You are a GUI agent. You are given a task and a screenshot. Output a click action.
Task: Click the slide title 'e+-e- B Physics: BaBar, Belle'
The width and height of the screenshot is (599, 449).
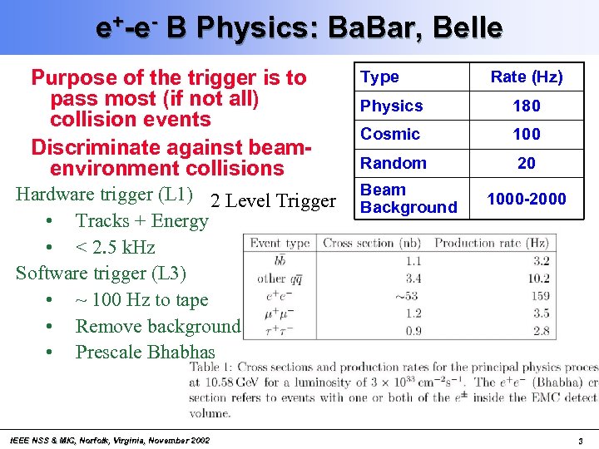(299, 27)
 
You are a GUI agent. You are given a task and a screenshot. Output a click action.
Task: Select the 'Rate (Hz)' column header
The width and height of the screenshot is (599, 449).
(526, 77)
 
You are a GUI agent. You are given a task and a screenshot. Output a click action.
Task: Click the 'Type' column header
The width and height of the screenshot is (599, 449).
(379, 77)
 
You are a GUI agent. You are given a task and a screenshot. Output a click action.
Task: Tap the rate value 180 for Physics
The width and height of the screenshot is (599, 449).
(526, 106)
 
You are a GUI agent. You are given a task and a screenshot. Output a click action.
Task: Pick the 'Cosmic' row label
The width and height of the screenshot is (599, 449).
(389, 134)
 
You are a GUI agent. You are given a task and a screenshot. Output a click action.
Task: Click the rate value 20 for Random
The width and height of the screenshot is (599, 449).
(526, 163)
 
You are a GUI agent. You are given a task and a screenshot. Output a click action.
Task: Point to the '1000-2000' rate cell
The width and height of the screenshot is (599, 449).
(526, 199)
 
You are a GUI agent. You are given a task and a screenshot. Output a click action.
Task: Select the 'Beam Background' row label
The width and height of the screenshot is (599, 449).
(408, 199)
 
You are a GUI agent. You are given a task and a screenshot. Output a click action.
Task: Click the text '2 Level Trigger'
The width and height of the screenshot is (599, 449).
(274, 200)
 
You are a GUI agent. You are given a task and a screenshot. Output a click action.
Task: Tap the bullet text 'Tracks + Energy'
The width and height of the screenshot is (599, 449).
(141, 220)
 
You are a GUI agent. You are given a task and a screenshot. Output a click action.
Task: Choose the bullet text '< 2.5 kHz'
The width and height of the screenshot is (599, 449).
(115, 247)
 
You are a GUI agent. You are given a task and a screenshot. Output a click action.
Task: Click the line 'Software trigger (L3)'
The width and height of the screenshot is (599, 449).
(101, 273)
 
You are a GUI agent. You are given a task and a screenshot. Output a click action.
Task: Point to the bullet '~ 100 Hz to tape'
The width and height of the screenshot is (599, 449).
(141, 299)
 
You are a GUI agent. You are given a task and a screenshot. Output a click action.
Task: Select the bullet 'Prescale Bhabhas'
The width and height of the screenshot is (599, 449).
(145, 352)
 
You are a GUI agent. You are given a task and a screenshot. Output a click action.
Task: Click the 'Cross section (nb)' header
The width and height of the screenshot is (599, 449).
(372, 244)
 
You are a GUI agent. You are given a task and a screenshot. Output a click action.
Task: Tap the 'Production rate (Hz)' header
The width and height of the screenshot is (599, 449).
(491, 244)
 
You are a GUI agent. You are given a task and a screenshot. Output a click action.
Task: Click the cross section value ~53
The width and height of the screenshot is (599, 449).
(407, 295)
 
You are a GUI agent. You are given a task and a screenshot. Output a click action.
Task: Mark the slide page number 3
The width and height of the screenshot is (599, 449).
(580, 440)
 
